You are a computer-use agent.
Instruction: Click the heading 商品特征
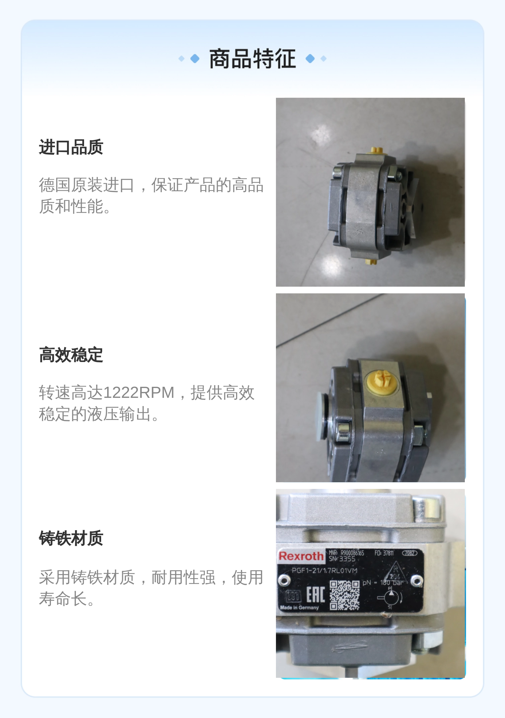[252, 59]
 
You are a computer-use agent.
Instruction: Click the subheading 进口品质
[71, 147]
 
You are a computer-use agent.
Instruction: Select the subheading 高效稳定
[71, 355]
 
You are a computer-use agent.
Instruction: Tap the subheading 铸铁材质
[71, 538]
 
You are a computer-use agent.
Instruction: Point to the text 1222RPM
[139, 392]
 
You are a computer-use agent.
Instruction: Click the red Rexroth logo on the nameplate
[301, 557]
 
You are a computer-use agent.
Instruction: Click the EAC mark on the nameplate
[316, 595]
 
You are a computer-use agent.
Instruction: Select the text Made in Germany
[299, 607]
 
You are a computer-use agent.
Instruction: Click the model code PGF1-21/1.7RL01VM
[324, 571]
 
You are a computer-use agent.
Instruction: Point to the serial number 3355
[347, 559]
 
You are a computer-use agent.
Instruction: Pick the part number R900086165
[352, 553]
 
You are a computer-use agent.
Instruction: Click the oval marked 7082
[409, 553]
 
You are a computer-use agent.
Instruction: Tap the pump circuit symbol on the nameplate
[390, 598]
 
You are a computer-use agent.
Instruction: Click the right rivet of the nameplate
[416, 580]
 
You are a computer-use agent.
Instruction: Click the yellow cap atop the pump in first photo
[376, 149]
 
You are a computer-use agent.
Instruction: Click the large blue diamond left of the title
[195, 59]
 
